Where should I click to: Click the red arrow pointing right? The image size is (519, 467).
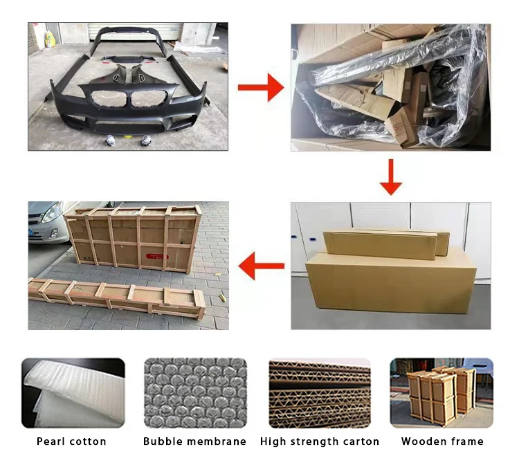[260, 88]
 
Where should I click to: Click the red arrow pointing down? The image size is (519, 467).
[391, 176]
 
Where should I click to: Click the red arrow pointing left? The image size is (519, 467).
[260, 266]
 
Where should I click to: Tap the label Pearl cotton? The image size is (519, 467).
[72, 441]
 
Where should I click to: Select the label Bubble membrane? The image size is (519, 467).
[194, 441]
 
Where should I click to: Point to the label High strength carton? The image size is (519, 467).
[320, 441]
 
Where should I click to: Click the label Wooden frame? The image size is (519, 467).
[442, 441]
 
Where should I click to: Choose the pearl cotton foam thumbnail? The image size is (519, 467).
[73, 392]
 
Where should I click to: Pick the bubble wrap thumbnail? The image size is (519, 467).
[194, 392]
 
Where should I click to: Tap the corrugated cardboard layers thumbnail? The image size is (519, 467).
[319, 392]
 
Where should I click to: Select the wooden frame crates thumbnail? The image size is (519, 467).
[441, 392]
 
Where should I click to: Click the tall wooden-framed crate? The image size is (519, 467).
[132, 238]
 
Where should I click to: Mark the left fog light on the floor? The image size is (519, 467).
[109, 141]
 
